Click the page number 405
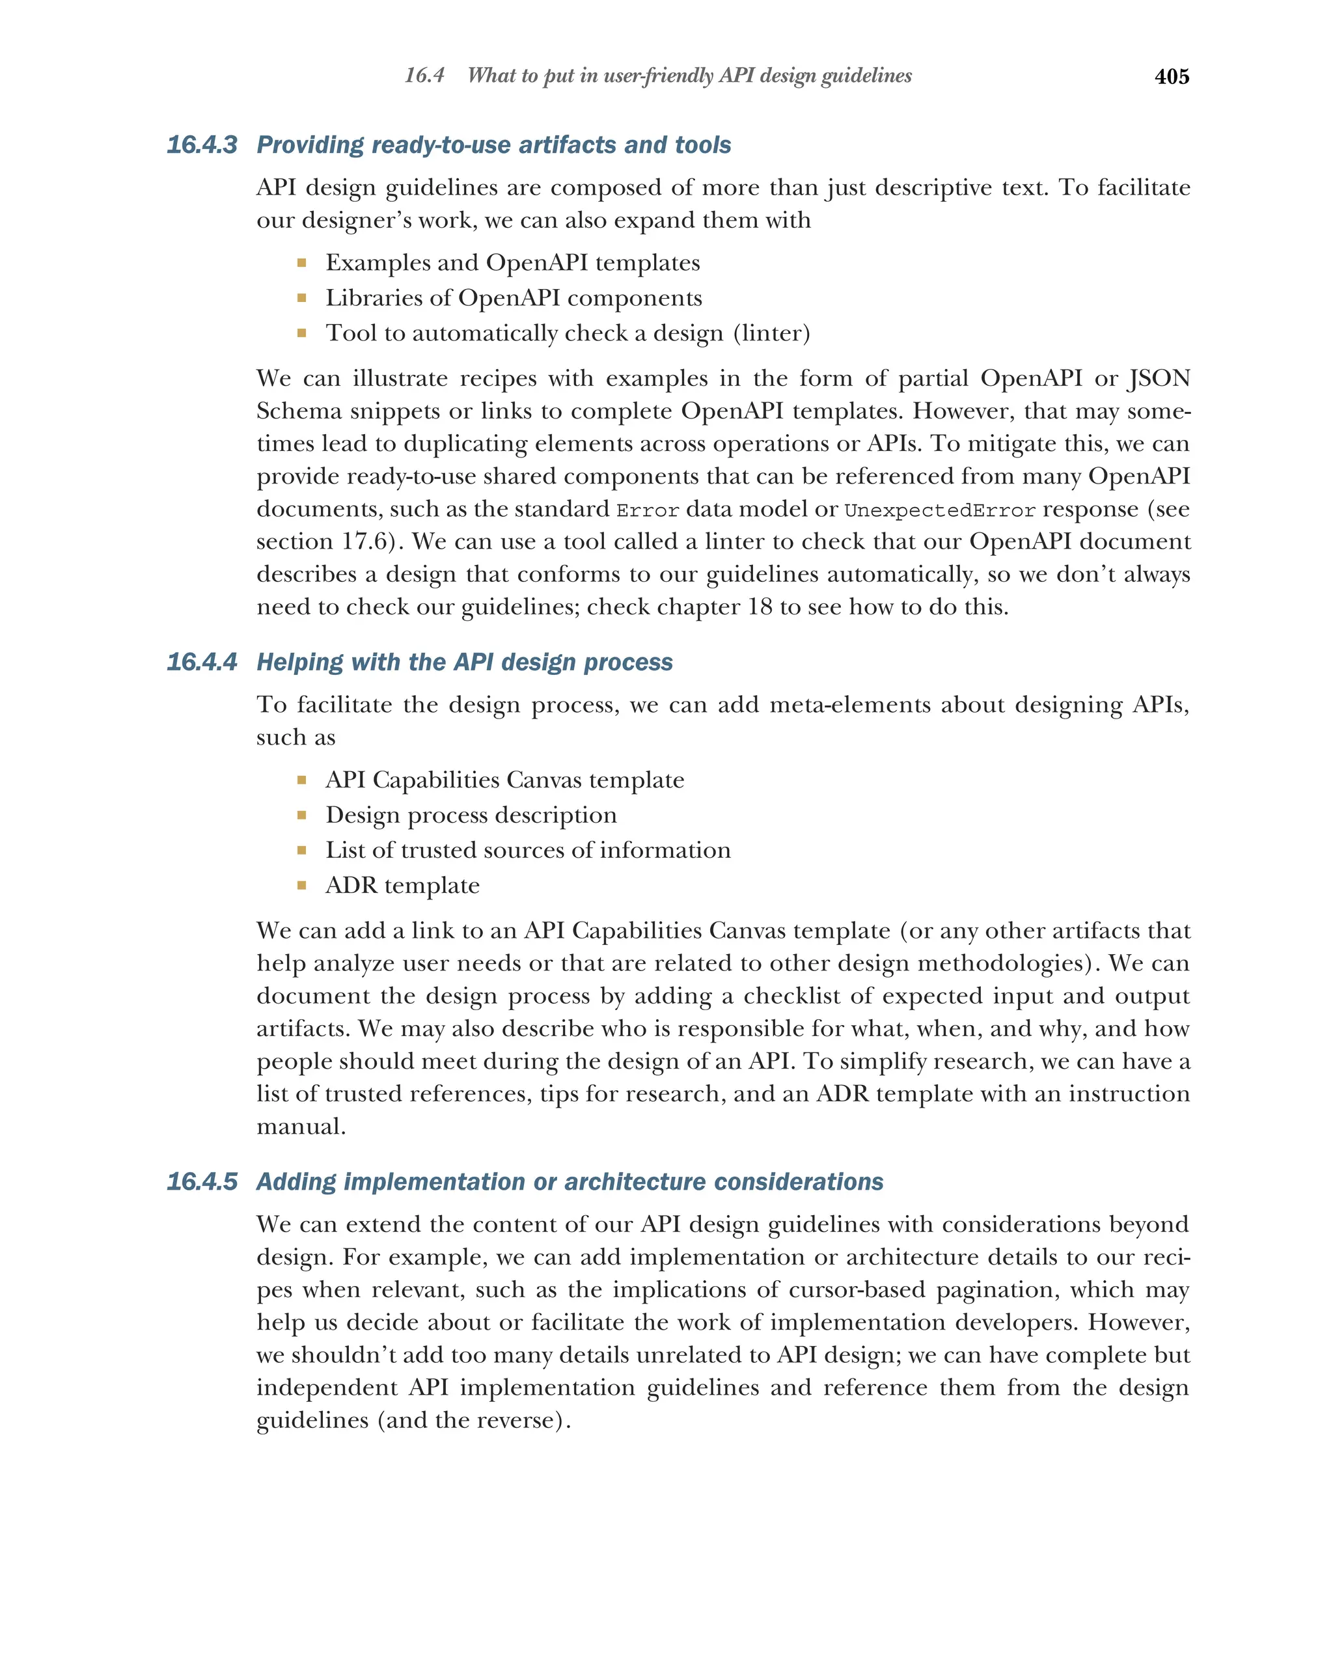pyautogui.click(x=1171, y=77)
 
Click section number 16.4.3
pyautogui.click(x=202, y=145)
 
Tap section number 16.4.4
pyautogui.click(x=202, y=663)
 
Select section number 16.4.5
pyautogui.click(x=202, y=1181)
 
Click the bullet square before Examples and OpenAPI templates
pyautogui.click(x=301, y=263)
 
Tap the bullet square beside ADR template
pyautogui.click(x=301, y=885)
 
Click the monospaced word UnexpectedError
pyautogui.click(x=939, y=510)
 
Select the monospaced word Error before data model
pyautogui.click(x=648, y=510)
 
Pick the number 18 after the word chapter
pyautogui.click(x=760, y=607)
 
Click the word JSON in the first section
pyautogui.click(x=1159, y=378)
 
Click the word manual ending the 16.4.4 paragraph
pyautogui.click(x=300, y=1126)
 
